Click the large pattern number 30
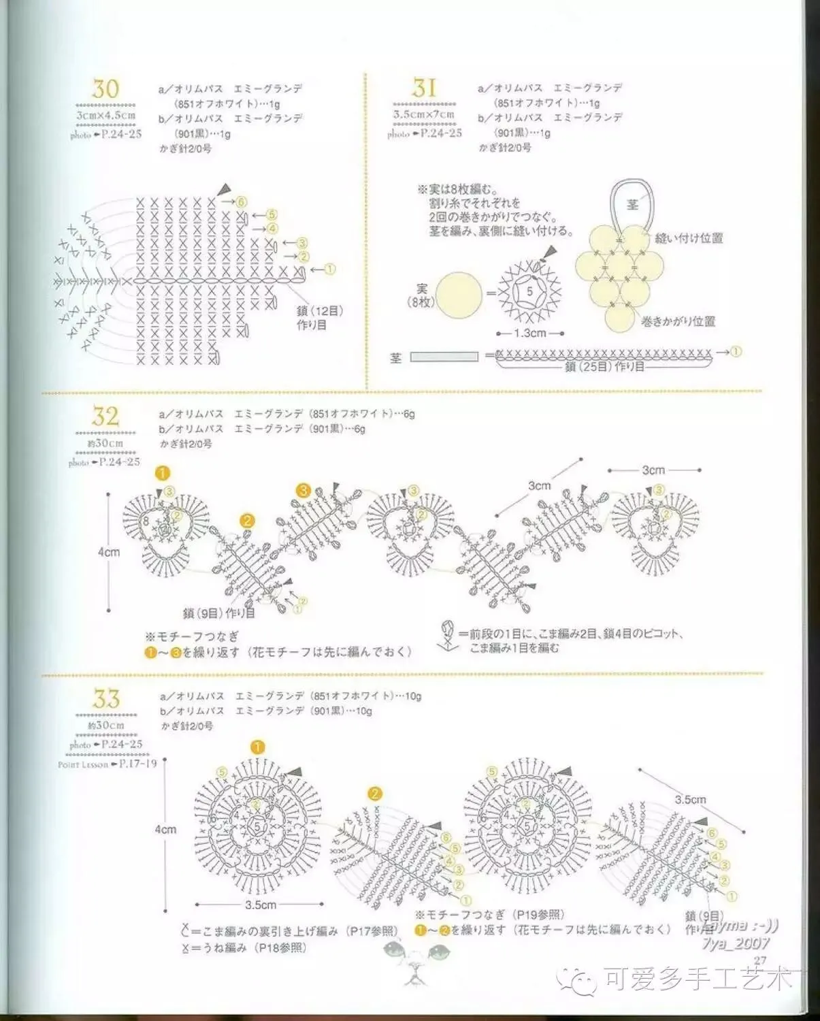coord(105,88)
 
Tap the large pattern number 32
coord(105,416)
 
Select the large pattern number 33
coord(106,698)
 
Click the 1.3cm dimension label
coord(530,334)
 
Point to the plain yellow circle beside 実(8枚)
coord(459,295)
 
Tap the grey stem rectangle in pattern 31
coord(444,357)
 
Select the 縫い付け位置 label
coord(689,238)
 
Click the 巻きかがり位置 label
coord(678,321)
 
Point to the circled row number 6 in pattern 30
coord(240,202)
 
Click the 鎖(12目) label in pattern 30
coord(320,310)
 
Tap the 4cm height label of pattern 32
coord(108,552)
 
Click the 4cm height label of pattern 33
coord(165,830)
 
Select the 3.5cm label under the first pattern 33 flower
coord(261,905)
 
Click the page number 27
coord(760,960)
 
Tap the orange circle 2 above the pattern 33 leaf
coord(374,794)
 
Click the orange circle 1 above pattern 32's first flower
coord(162,472)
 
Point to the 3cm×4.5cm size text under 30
coord(105,115)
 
